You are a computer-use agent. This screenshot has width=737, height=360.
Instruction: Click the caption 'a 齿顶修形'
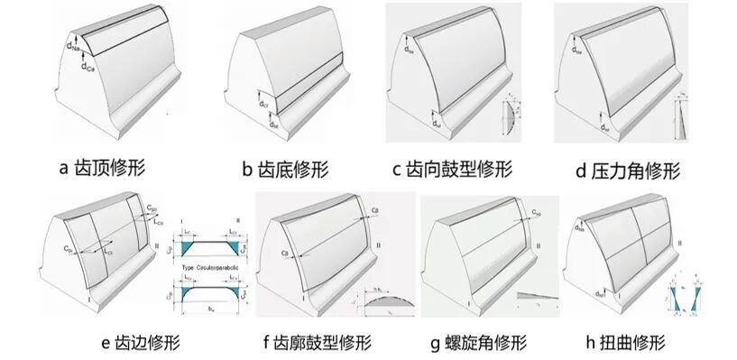click(101, 167)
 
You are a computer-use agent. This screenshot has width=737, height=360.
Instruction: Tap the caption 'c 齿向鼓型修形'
click(452, 168)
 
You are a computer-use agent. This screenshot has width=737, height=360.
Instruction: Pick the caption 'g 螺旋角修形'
click(477, 342)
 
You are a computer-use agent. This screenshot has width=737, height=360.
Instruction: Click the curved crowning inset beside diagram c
click(510, 117)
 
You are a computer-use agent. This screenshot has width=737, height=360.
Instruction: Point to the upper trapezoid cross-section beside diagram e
click(212, 244)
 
